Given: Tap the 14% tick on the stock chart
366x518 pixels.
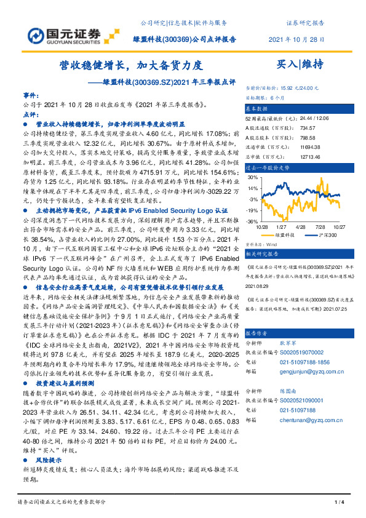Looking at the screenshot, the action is click(253, 177).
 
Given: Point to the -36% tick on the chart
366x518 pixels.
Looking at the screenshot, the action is click(253, 221).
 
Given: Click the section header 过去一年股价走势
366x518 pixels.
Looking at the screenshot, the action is click(268, 167).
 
